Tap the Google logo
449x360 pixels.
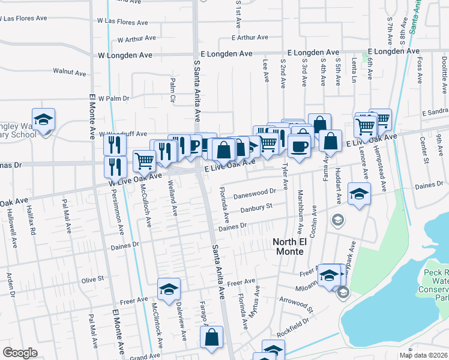click(x=20, y=353)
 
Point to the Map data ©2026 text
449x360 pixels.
click(x=423, y=355)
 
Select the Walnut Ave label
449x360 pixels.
click(x=70, y=72)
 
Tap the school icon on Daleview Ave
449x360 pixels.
click(x=169, y=289)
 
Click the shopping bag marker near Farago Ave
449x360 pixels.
click(x=212, y=337)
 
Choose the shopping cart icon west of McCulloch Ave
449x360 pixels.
click(x=144, y=160)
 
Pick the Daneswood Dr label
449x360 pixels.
click(x=255, y=194)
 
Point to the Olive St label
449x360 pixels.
click(x=93, y=279)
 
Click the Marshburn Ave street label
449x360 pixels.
click(x=300, y=212)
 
